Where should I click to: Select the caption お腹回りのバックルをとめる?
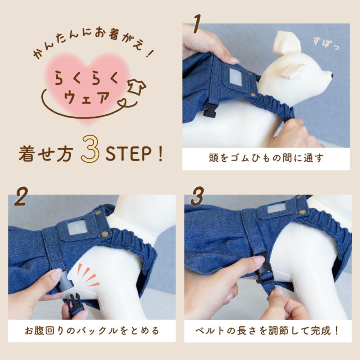(x=92, y=330)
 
